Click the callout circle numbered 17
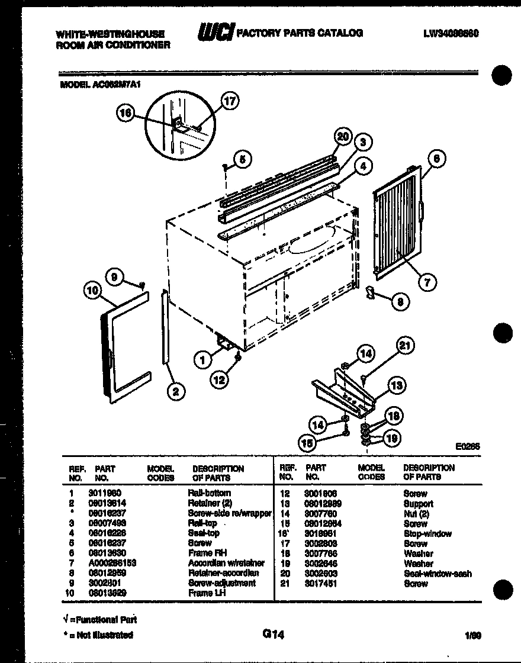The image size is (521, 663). tap(230, 101)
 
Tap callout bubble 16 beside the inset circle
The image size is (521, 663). tap(126, 114)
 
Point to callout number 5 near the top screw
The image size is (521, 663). tap(242, 158)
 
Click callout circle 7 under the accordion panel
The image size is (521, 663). tap(425, 282)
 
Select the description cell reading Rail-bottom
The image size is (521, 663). tap(209, 493)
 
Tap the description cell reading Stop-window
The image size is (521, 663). tap(427, 533)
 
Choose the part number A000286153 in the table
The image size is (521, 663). tap(115, 563)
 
